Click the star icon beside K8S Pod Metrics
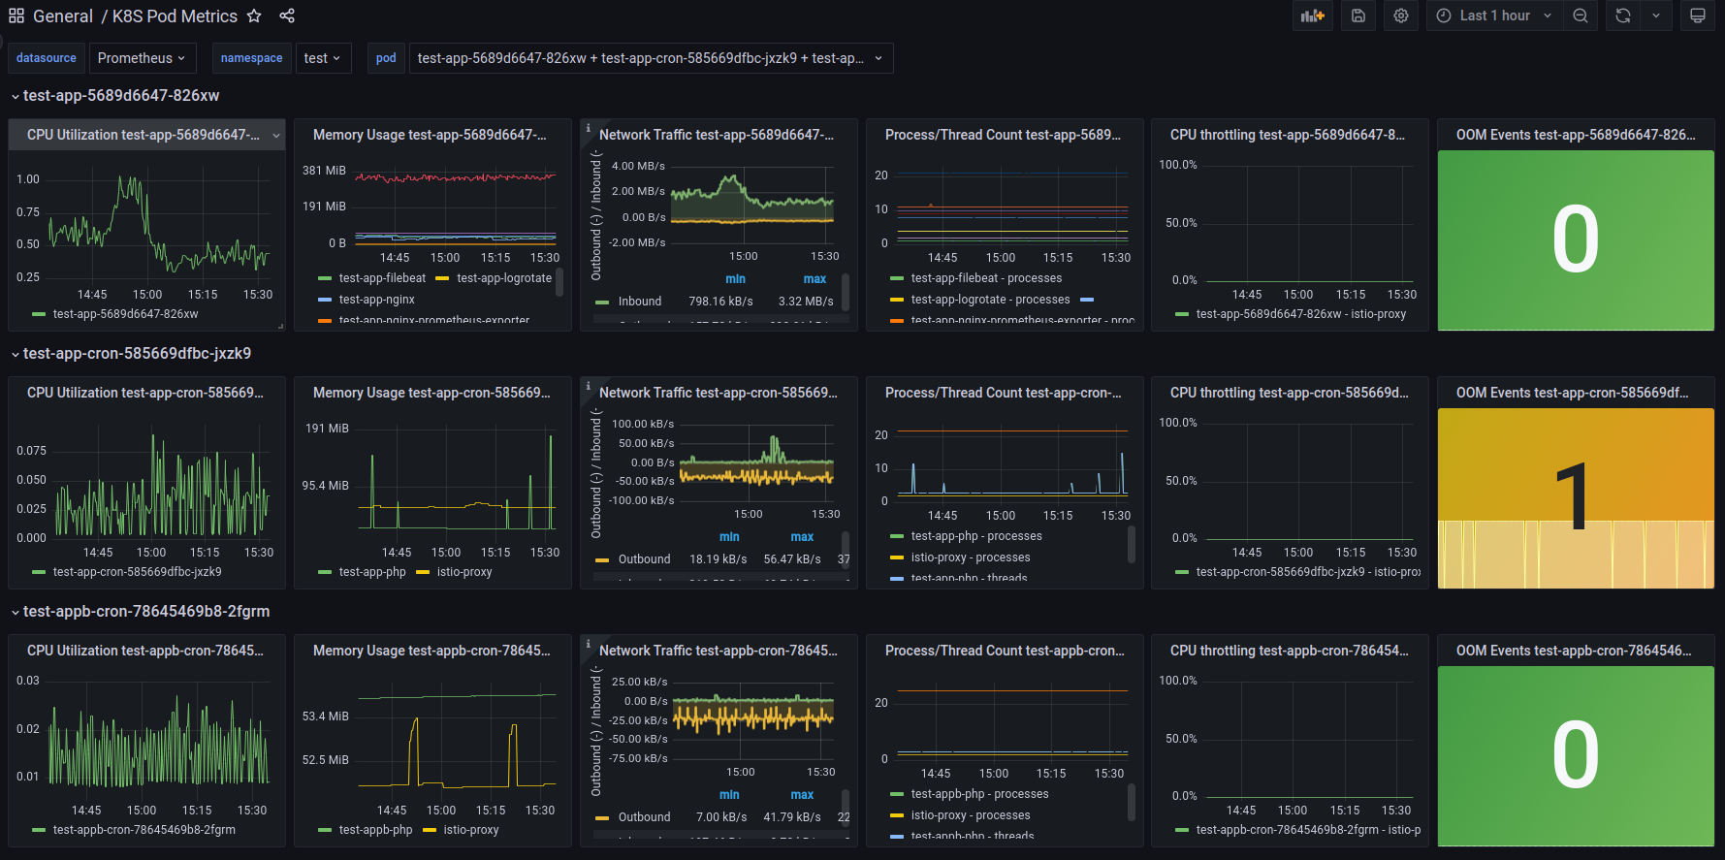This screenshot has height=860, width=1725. pyautogui.click(x=254, y=16)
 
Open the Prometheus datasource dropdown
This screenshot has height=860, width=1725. pyautogui.click(x=142, y=58)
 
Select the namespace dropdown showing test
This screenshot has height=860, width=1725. pyautogui.click(x=321, y=58)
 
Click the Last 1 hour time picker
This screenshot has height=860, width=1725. pyautogui.click(x=1494, y=16)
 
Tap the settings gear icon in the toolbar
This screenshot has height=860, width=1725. pyautogui.click(x=1401, y=16)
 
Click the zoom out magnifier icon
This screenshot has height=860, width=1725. pyautogui.click(x=1581, y=16)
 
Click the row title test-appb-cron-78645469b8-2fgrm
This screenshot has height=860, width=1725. pyautogui.click(x=146, y=612)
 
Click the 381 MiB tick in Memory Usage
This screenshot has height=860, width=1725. pyautogui.click(x=324, y=171)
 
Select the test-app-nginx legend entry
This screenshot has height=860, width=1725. pyautogui.click(x=376, y=300)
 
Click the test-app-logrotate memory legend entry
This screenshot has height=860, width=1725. pyautogui.click(x=503, y=278)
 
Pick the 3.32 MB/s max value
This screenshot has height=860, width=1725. pyautogui.click(x=805, y=302)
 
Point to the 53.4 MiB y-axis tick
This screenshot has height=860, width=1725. pyautogui.click(x=325, y=717)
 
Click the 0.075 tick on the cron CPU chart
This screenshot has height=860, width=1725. pyautogui.click(x=31, y=451)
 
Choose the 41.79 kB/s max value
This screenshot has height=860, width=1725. pyautogui.click(x=791, y=817)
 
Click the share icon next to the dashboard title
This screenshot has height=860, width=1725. pyautogui.click(x=287, y=16)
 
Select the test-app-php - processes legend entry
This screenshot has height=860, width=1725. pyautogui.click(x=975, y=536)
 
